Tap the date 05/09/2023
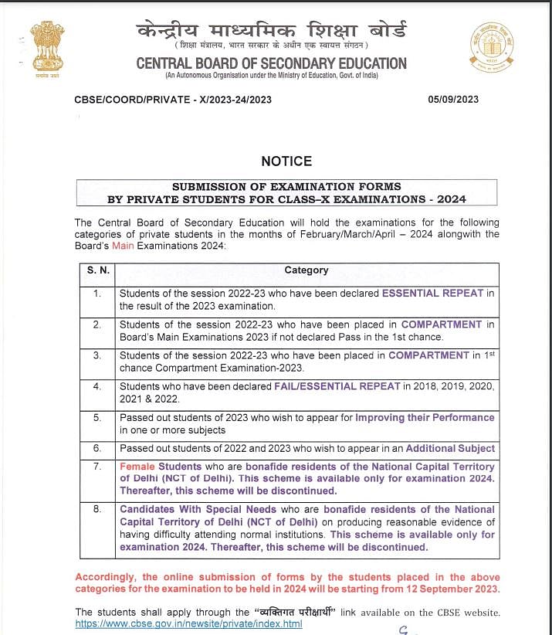[x=453, y=100]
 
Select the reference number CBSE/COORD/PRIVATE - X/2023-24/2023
[x=173, y=100]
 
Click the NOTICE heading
[x=286, y=161]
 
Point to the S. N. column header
[x=97, y=270]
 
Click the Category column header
[x=306, y=270]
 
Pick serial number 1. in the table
[x=97, y=294]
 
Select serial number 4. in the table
[x=97, y=386]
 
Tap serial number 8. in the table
[x=97, y=510]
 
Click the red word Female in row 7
[x=137, y=467]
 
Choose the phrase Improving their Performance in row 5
[x=425, y=417]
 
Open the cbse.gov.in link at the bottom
[x=188, y=623]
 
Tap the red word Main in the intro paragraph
[x=123, y=246]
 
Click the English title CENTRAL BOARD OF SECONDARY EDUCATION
[x=271, y=63]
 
